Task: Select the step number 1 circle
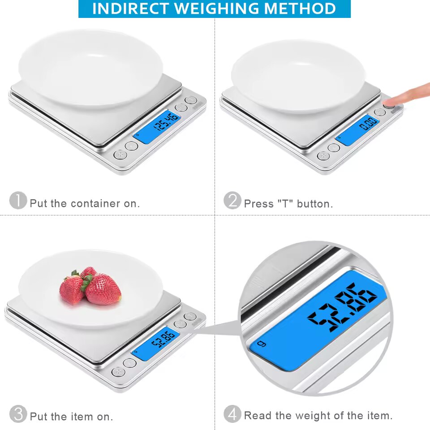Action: pos(18,200)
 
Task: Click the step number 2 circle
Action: pos(232,200)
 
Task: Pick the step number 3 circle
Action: pos(18,414)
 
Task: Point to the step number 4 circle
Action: pos(232,414)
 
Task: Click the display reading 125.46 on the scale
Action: pos(157,126)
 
